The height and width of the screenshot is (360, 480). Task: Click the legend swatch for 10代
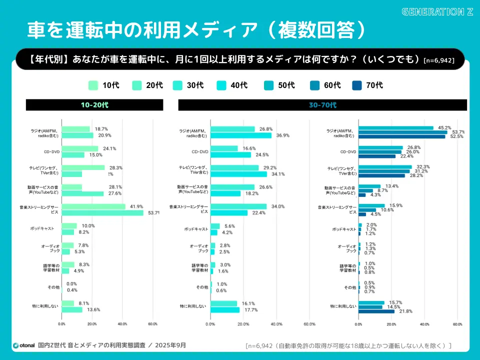[93, 85]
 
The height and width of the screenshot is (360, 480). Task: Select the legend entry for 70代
[367, 85]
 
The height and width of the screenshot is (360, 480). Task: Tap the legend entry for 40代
[232, 85]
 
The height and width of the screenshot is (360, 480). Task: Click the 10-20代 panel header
[94, 105]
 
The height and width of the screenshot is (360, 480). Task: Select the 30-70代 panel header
[322, 105]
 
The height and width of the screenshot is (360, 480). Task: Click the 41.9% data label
[136, 206]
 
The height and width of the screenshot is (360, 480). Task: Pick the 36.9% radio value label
[283, 135]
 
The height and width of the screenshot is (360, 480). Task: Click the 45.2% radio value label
[444, 127]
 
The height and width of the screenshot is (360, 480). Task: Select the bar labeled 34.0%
[238, 206]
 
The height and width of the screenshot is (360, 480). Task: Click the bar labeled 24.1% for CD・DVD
[80, 148]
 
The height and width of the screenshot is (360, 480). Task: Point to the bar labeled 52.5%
[402, 136]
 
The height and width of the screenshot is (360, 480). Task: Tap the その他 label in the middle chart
[202, 287]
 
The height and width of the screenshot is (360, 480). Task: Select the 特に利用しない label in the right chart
[343, 306]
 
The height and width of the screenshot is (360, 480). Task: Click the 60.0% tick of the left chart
[152, 324]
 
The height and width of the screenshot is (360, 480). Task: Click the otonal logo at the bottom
[23, 345]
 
